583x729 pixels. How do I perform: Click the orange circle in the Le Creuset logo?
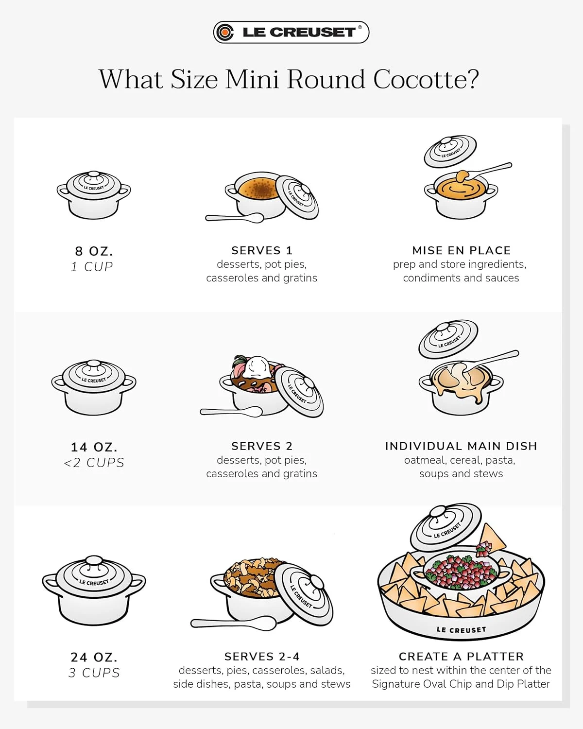tap(225, 33)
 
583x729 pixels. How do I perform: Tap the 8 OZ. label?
tap(94, 251)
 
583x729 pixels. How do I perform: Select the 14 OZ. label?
tap(94, 447)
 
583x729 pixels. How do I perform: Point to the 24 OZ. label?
tap(94, 657)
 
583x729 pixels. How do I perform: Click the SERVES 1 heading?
tap(262, 250)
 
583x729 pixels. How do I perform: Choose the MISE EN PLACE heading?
tap(461, 250)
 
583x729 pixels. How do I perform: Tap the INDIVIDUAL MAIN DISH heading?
tap(461, 446)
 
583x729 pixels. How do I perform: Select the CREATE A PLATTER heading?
tap(461, 656)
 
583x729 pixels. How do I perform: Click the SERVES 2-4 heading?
tap(262, 656)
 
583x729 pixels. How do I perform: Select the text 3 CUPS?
tap(94, 673)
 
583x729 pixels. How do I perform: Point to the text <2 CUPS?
tap(94, 463)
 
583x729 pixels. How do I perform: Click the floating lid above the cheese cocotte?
tap(448, 339)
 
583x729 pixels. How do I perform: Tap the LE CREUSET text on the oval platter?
tap(461, 630)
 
